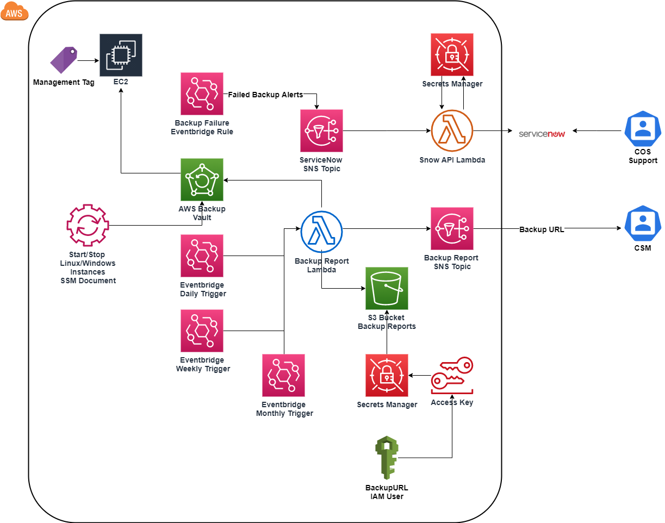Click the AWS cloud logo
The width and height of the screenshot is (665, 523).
pos(14,11)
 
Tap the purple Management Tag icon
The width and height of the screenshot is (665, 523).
pos(64,60)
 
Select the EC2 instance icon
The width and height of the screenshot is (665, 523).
pos(121,55)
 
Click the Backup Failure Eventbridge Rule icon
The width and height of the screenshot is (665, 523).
pos(202,94)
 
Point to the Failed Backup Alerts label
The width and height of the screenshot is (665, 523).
pos(265,95)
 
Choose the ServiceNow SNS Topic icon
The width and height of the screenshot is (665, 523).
pos(321,130)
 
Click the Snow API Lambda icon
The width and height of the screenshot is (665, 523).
pos(452,130)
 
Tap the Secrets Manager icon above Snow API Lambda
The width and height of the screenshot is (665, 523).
pos(452,54)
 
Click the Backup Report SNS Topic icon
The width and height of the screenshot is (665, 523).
pos(452,228)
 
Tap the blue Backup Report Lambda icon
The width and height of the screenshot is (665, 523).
pos(321,232)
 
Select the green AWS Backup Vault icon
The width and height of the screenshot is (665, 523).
pos(202,179)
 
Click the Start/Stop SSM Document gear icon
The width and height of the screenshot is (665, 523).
pos(88,226)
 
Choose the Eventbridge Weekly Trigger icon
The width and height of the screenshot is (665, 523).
pos(202,331)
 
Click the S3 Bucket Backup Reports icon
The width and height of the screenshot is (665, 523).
pos(387,288)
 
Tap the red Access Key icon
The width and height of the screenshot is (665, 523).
pos(452,375)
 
